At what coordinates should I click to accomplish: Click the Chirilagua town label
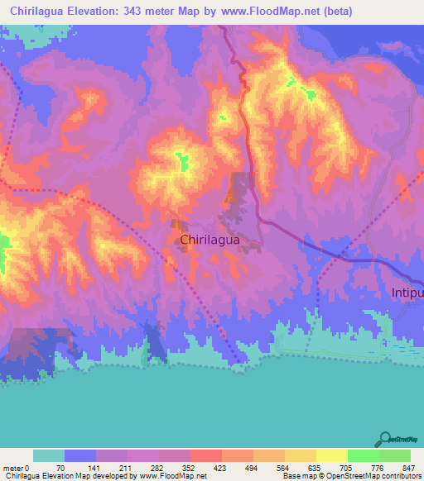point(210,240)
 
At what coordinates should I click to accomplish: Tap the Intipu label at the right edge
point(407,293)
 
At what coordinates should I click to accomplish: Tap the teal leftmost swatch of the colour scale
point(49,455)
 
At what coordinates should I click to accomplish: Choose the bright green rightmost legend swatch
point(395,455)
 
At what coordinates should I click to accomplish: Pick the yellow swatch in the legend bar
point(332,455)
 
